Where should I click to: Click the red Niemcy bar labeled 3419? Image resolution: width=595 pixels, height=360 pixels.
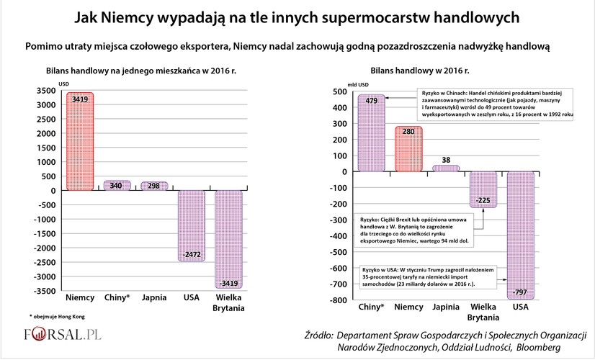click(x=80, y=141)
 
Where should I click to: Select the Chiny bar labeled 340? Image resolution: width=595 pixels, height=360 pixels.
click(x=116, y=186)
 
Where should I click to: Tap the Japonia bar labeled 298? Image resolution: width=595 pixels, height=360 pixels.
click(x=153, y=186)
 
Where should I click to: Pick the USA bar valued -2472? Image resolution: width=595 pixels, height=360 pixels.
click(x=191, y=225)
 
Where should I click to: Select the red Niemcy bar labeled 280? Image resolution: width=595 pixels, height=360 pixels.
click(x=409, y=149)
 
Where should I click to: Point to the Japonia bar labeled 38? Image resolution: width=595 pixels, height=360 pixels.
click(x=446, y=168)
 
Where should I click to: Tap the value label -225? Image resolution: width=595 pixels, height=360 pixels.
click(x=483, y=200)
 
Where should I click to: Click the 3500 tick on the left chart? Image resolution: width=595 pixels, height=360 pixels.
click(x=43, y=91)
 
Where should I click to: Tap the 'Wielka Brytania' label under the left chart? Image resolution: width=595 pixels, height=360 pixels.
click(x=228, y=303)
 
